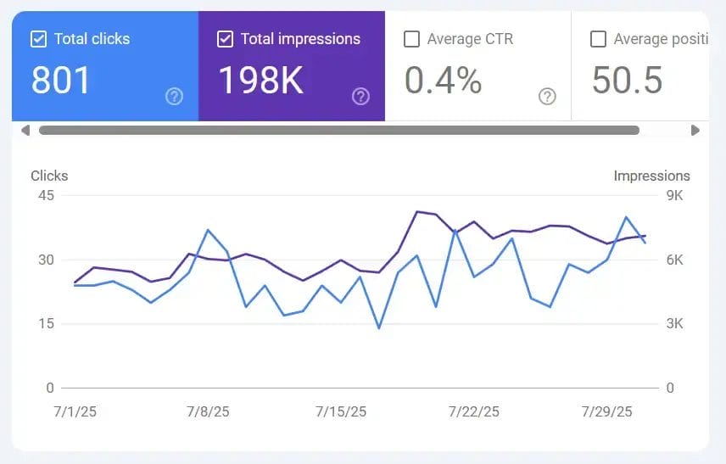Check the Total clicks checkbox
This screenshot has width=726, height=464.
[x=38, y=39]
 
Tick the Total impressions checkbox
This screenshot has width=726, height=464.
[x=225, y=39]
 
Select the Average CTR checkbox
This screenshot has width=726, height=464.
[x=411, y=39]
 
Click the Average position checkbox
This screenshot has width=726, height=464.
[x=598, y=39]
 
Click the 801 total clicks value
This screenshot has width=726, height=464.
[x=61, y=80]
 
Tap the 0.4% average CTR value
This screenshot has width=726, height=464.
[x=443, y=80]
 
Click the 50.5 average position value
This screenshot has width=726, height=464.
[x=627, y=80]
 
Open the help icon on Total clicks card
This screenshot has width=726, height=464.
[x=174, y=97]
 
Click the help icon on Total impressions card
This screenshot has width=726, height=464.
[x=360, y=97]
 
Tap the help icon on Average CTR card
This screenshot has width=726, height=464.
[x=547, y=97]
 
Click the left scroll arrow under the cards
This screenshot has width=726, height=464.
[x=25, y=131]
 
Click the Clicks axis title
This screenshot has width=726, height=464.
[x=49, y=176]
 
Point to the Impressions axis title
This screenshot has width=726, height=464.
[x=651, y=176]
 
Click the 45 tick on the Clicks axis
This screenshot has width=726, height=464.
[x=45, y=195]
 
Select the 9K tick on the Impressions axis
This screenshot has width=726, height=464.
[x=674, y=195]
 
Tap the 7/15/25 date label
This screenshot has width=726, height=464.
[x=341, y=412]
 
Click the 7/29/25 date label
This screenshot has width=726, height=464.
[x=607, y=412]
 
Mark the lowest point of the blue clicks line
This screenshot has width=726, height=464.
[x=379, y=327]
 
